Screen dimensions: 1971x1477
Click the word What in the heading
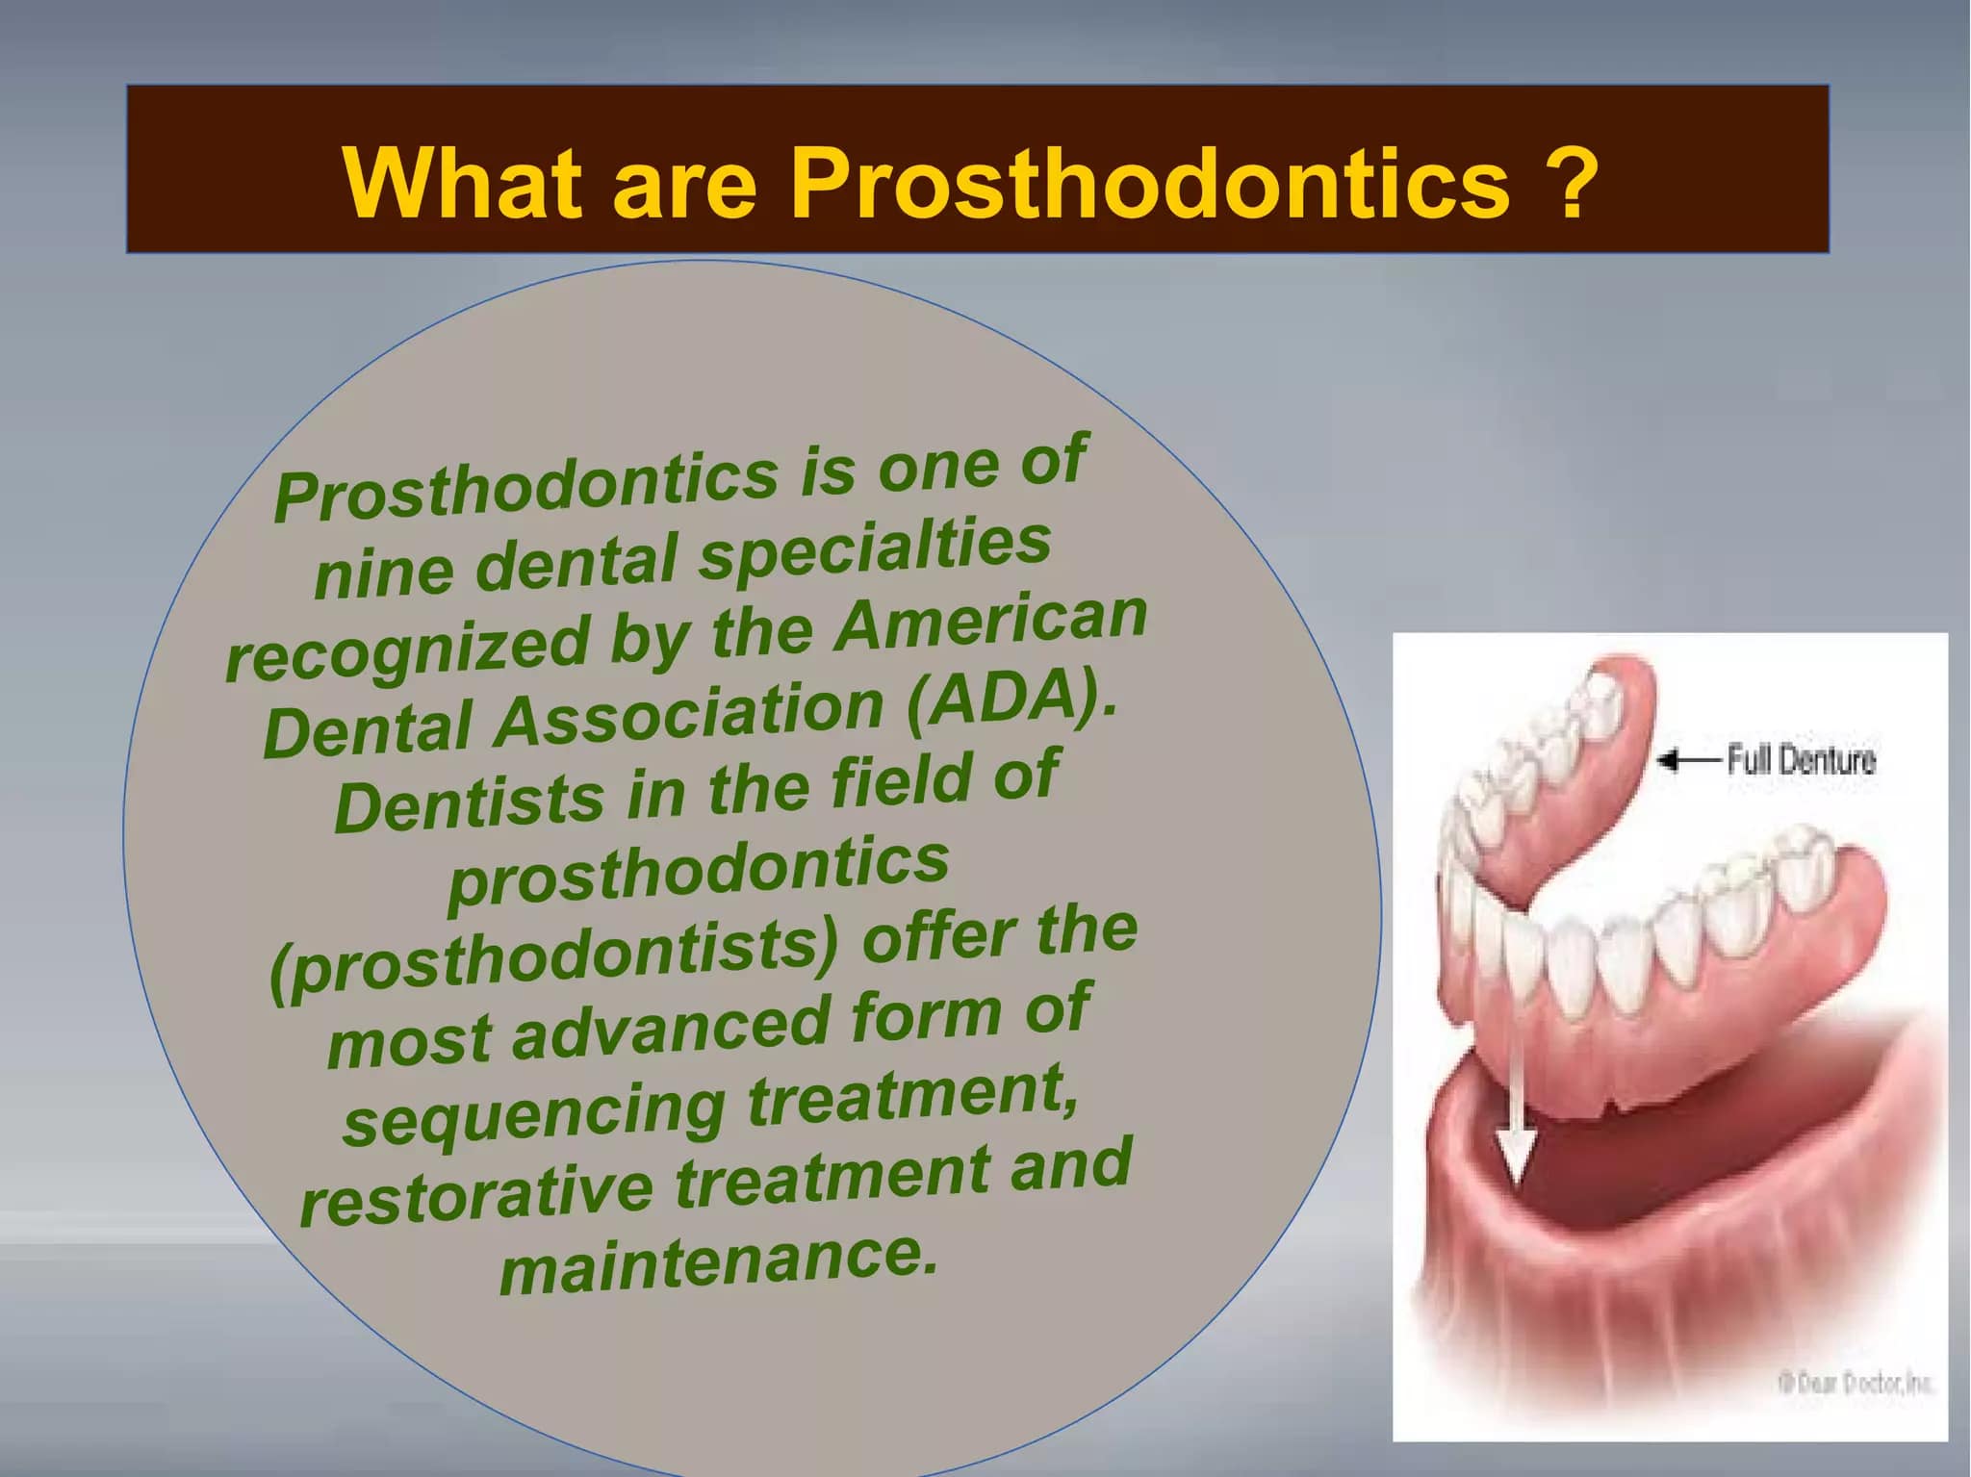pos(463,182)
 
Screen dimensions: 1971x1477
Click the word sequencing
pos(534,1113)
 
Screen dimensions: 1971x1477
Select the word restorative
pos(476,1194)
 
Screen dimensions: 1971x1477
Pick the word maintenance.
pos(718,1262)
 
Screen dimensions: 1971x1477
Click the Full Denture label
pos(1801,760)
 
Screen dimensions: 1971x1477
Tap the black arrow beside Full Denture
pos(1689,761)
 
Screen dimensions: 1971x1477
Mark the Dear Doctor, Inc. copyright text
pos(1853,1383)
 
